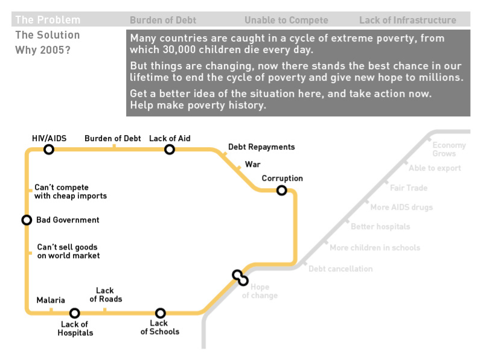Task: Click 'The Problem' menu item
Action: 48,20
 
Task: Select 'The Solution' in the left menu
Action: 48,35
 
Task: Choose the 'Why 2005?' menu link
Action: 43,49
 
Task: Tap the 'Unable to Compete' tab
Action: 286,21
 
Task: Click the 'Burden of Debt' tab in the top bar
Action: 163,21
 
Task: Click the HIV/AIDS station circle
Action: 49,149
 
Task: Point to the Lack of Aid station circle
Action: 170,149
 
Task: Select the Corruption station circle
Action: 281,191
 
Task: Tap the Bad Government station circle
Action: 27,220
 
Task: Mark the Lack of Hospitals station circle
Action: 75,313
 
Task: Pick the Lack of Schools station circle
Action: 160,313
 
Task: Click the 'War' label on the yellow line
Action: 252,164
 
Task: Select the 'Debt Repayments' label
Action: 261,147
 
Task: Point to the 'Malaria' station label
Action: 51,300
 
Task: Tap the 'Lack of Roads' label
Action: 106,295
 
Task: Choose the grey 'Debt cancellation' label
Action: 340,268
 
